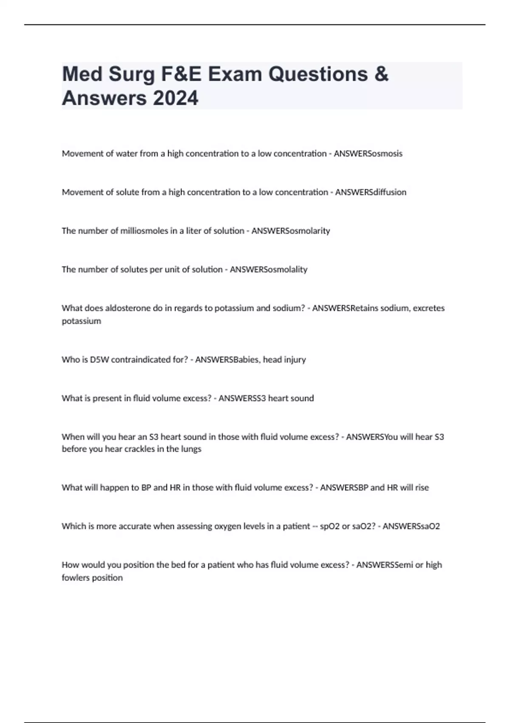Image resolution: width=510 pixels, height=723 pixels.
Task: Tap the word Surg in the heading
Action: point(132,74)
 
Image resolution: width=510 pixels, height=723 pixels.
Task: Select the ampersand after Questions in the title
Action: point(382,74)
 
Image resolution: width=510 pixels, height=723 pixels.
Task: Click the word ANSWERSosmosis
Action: point(368,154)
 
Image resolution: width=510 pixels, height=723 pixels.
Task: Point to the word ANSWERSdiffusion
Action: point(371,192)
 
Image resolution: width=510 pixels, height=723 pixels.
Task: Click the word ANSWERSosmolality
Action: point(269,270)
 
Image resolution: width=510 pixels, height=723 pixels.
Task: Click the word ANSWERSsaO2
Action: point(411,527)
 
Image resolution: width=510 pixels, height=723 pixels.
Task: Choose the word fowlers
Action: point(76,578)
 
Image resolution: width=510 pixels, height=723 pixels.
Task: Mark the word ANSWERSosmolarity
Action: point(291,231)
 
